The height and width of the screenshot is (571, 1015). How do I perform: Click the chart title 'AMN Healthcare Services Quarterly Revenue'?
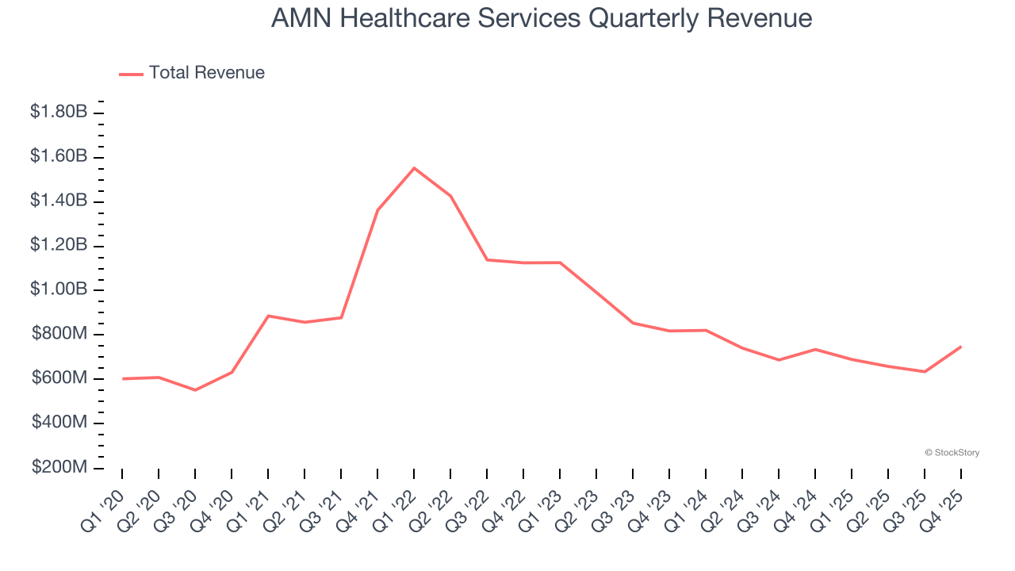point(542,18)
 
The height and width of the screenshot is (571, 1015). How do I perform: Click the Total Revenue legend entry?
point(192,73)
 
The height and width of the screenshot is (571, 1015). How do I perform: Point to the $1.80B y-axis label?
point(59,113)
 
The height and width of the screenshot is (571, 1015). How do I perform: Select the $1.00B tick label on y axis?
point(59,289)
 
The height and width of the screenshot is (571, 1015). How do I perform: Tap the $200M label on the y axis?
point(59,467)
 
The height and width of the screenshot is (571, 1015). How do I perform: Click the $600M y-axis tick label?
point(59,378)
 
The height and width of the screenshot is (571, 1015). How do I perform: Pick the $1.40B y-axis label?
point(59,201)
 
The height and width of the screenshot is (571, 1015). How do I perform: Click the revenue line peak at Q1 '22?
point(414,168)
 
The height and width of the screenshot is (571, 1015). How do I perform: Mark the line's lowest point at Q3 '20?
point(195,390)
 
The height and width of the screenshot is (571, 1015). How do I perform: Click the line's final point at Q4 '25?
point(961,347)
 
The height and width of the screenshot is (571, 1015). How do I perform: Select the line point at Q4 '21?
point(377,210)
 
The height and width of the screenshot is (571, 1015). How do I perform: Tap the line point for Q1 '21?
point(268,316)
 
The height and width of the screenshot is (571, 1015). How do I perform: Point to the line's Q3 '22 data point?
point(487,259)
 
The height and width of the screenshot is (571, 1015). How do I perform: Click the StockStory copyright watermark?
point(952,453)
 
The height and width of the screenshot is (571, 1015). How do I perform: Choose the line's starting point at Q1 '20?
point(122,379)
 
